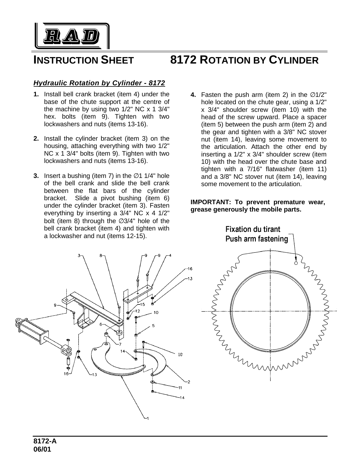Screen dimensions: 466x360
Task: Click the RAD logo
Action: (x=72, y=35)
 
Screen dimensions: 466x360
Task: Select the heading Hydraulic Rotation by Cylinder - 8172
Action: (x=99, y=83)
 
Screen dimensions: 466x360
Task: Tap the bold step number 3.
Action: (x=36, y=176)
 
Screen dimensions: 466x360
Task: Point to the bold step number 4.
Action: (x=193, y=95)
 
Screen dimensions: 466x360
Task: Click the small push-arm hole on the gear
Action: (x=296, y=263)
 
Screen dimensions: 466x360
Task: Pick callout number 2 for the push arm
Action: (x=188, y=382)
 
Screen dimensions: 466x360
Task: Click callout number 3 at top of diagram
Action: (x=79, y=255)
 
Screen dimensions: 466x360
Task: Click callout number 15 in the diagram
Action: (x=142, y=304)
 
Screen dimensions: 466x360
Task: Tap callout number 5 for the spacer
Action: (x=153, y=326)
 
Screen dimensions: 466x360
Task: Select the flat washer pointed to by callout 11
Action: (x=152, y=382)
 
